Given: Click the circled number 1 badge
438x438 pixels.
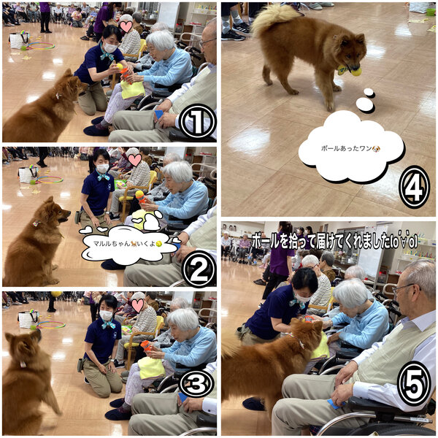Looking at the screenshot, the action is click(198, 122).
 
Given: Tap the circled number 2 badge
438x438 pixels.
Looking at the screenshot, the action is click(199, 269).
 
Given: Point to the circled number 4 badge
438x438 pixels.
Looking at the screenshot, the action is click(414, 188).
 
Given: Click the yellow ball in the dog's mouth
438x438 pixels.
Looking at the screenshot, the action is click(356, 72).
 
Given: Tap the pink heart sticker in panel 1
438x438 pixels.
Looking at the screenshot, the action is click(126, 27).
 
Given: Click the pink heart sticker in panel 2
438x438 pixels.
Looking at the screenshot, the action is click(135, 160).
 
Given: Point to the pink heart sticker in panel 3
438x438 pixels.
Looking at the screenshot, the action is click(138, 306).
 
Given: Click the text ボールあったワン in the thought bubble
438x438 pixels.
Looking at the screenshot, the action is click(347, 148).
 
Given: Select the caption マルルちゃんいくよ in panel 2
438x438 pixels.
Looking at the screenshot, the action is click(124, 244).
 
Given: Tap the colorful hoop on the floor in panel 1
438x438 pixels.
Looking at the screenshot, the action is click(42, 46).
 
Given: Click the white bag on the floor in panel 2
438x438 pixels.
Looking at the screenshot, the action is click(28, 174).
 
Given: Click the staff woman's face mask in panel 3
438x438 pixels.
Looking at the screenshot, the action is click(106, 315).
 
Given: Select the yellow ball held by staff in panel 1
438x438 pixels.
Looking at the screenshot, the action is click(120, 66).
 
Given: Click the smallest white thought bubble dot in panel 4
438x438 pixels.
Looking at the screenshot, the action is click(369, 93).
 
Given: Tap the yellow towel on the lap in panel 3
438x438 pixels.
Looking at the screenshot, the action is click(151, 368).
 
